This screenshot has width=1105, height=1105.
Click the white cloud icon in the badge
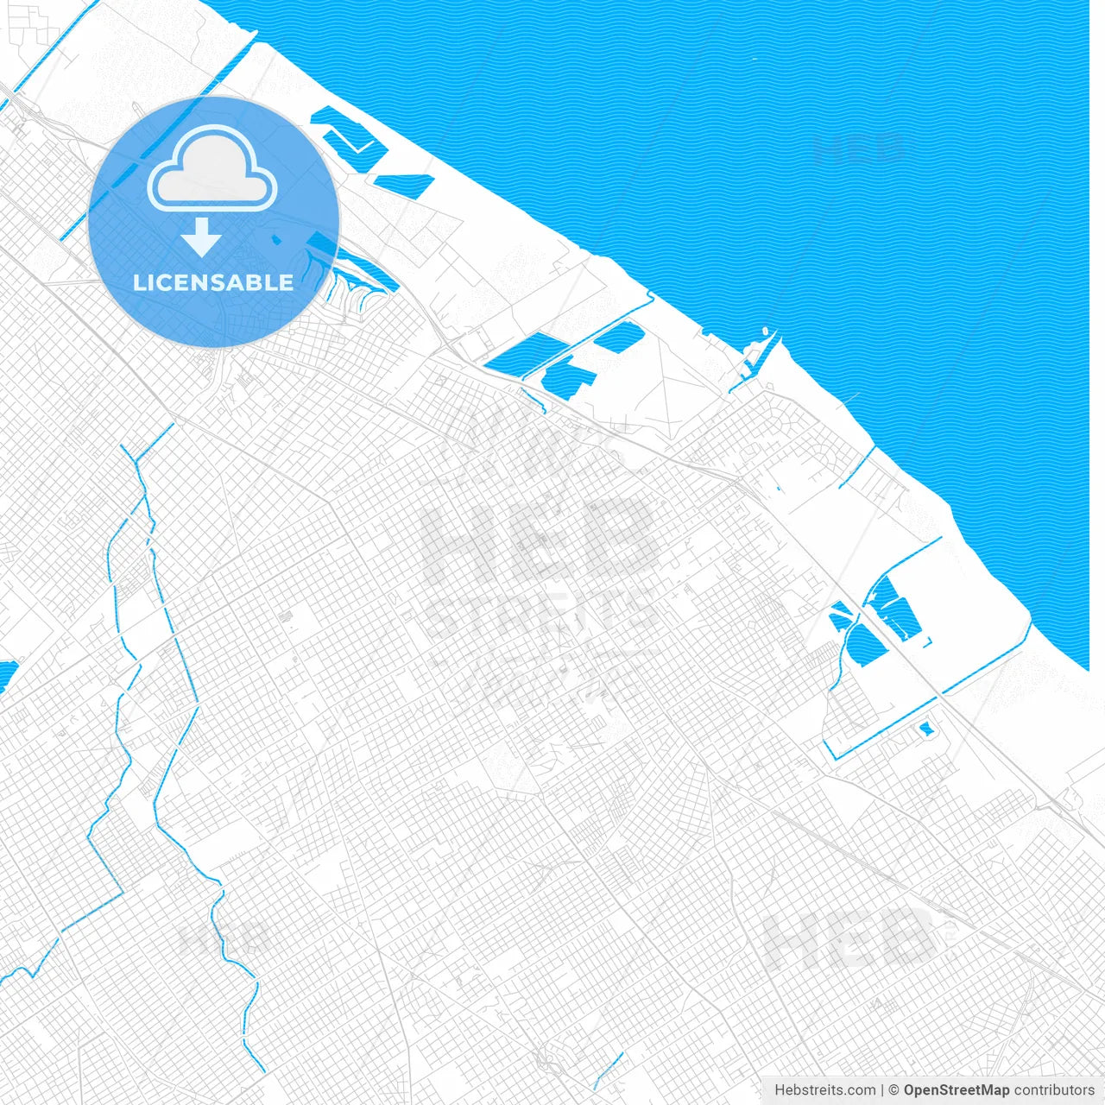click(212, 170)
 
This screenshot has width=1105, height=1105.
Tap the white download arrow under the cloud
click(202, 237)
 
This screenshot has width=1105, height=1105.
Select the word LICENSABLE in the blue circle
click(213, 282)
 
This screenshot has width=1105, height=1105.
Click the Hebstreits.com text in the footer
click(824, 1090)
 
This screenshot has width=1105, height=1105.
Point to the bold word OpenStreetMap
click(957, 1090)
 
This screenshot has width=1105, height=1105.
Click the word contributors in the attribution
click(1054, 1090)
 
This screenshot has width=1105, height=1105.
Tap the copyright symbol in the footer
click(894, 1090)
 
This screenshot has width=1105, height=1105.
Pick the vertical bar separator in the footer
click(883, 1090)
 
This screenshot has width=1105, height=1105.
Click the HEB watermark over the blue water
click(858, 149)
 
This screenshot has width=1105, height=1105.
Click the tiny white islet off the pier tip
click(765, 331)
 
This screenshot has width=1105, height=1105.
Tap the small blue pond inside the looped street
click(927, 729)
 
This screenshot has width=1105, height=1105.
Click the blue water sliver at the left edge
click(6, 674)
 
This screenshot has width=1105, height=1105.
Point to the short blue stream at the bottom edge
click(609, 1070)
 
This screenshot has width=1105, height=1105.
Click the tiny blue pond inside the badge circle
click(276, 239)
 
